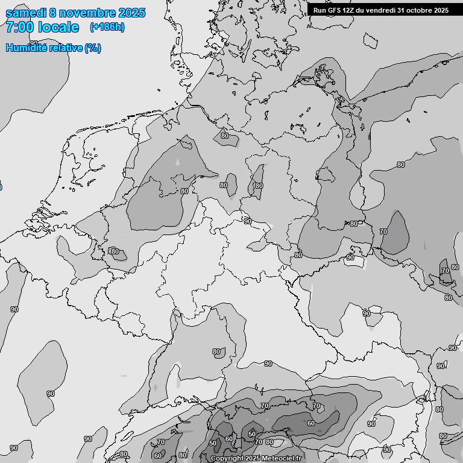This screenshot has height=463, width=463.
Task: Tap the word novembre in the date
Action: coord(89,13)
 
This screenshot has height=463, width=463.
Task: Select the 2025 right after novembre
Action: coord(131,13)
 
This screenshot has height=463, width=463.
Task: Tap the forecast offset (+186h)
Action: coord(107,27)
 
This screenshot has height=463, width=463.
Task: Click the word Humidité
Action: coord(24,48)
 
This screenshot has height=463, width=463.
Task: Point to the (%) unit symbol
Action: coord(93,48)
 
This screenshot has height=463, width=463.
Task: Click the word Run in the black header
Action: coord(320,10)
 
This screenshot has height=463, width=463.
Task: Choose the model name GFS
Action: coord(334,10)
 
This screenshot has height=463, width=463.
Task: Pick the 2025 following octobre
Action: coord(441,10)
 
